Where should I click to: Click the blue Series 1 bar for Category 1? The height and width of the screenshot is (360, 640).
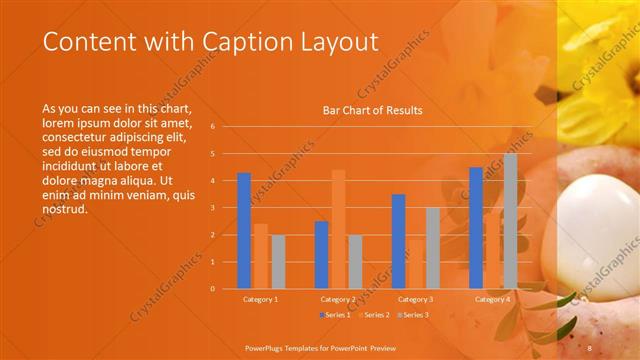[x=244, y=231]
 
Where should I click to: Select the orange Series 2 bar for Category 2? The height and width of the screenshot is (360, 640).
[x=338, y=229]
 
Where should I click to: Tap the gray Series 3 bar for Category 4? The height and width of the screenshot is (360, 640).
[x=510, y=221]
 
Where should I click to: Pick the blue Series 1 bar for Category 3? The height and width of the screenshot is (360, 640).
[x=398, y=241]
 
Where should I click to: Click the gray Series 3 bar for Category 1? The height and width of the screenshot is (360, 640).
[x=278, y=261]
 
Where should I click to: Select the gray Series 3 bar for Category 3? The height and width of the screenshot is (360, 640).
[x=432, y=248]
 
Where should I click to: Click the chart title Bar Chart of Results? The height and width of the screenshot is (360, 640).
[x=372, y=110]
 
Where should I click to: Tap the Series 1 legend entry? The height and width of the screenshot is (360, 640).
[x=336, y=315]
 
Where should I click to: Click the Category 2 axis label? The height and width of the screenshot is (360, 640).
[x=338, y=299]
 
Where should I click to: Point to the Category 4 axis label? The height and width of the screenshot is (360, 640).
[x=492, y=299]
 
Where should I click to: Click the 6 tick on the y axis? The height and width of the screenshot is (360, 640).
[x=212, y=127]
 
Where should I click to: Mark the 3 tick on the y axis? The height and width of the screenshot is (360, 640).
[x=212, y=208]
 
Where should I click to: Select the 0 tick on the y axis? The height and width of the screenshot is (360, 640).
[x=212, y=289]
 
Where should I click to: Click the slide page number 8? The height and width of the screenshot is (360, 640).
[x=590, y=348]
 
